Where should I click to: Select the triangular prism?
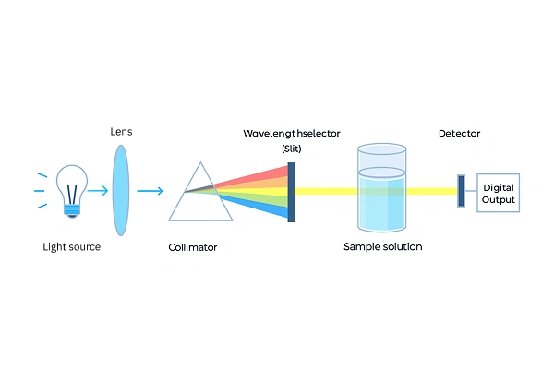(199, 195)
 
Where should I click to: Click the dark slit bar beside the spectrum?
(291, 192)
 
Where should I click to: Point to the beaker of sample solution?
(381, 189)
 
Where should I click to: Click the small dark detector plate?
(461, 191)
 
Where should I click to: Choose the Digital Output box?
(498, 193)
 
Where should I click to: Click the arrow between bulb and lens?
(96, 192)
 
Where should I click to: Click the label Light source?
(71, 247)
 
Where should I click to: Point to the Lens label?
(121, 132)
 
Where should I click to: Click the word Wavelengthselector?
(292, 134)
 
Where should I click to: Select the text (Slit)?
(292, 149)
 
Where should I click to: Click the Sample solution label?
(382, 247)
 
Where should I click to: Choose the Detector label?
(459, 134)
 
